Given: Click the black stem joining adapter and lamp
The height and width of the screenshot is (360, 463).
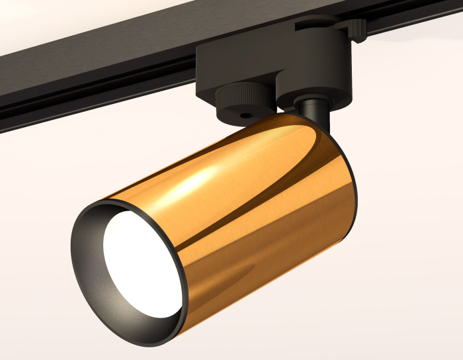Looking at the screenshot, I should (x=317, y=116).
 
